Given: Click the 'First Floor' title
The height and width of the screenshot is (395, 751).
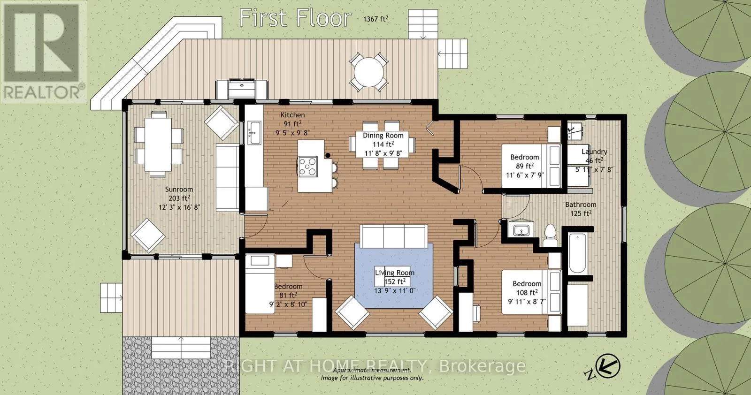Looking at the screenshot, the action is click(x=295, y=18).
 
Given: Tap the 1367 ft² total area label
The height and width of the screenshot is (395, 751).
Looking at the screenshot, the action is click(x=375, y=19).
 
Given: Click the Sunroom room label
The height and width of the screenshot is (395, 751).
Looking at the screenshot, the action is click(x=179, y=190).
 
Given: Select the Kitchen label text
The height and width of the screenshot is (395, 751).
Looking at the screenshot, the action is click(x=292, y=115).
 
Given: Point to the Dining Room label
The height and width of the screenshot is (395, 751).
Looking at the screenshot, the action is click(x=383, y=136).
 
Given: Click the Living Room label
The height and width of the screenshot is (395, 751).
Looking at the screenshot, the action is click(x=395, y=273).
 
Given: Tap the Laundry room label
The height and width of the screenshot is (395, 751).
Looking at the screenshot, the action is click(x=594, y=152).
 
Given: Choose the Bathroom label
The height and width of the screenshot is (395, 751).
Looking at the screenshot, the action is click(x=581, y=205).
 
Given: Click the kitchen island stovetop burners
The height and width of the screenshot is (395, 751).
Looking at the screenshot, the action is click(x=308, y=167).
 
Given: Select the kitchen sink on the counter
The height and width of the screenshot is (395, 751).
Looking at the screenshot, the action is click(x=254, y=133).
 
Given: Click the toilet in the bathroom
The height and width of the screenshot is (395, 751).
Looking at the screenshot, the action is click(x=550, y=235).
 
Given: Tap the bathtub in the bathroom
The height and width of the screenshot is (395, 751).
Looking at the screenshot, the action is click(x=578, y=253).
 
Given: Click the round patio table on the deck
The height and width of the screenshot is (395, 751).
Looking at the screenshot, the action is click(x=369, y=72).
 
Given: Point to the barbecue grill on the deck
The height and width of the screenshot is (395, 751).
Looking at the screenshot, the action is click(x=242, y=89).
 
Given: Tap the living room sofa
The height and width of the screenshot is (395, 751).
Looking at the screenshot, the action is click(x=394, y=236).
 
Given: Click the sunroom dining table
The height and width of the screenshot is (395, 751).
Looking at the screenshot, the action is click(x=158, y=144).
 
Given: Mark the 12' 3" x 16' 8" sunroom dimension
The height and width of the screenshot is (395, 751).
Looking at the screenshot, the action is click(x=179, y=207).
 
